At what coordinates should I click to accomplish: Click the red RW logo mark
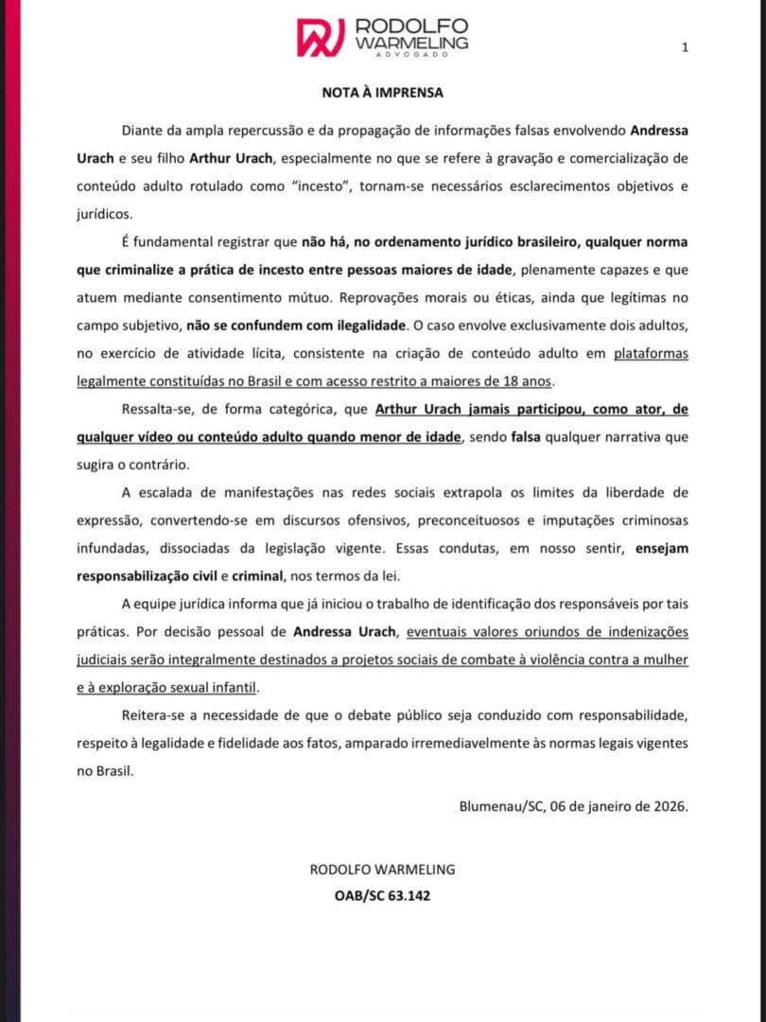(x=321, y=36)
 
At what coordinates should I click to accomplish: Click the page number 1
(x=685, y=47)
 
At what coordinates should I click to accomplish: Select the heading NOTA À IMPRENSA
(x=382, y=93)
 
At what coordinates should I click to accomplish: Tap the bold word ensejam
(x=662, y=548)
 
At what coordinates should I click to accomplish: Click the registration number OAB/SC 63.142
(x=383, y=894)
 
